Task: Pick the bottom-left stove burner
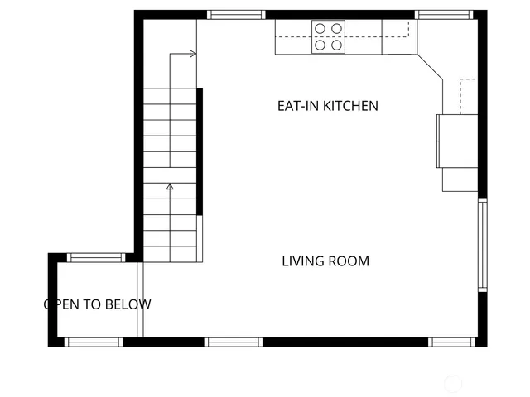pos(320,45)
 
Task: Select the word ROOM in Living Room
pos(348,261)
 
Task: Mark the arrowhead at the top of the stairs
pos(194,54)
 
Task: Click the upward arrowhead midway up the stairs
pos(170,187)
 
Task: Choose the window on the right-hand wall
pos(482,245)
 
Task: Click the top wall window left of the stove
pos(235,14)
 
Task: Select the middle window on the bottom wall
pos(234,342)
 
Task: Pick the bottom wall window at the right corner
pos(453,342)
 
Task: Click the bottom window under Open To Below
pos(93,342)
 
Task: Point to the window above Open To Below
pos(96,257)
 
